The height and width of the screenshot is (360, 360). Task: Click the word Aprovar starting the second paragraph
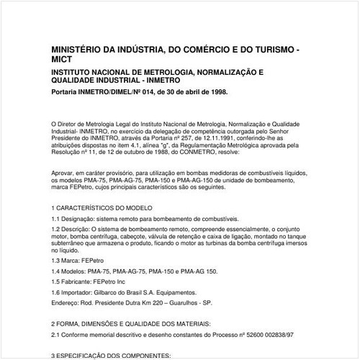pyautogui.click(x=64, y=174)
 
